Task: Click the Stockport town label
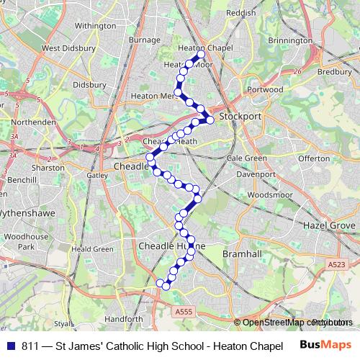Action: pyautogui.click(x=238, y=115)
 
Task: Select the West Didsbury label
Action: pyautogui.click(x=69, y=48)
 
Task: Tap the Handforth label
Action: pyautogui.click(x=124, y=318)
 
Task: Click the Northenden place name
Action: pyautogui.click(x=34, y=122)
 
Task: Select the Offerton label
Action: pyautogui.click(x=314, y=158)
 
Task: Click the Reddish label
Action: pyautogui.click(x=240, y=13)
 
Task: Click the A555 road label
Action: pyautogui.click(x=184, y=311)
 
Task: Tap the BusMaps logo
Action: pyautogui.click(x=325, y=345)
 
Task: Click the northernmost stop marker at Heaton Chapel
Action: pyautogui.click(x=201, y=55)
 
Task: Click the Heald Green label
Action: pyautogui.click(x=93, y=249)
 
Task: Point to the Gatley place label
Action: pyautogui.click(x=96, y=175)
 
